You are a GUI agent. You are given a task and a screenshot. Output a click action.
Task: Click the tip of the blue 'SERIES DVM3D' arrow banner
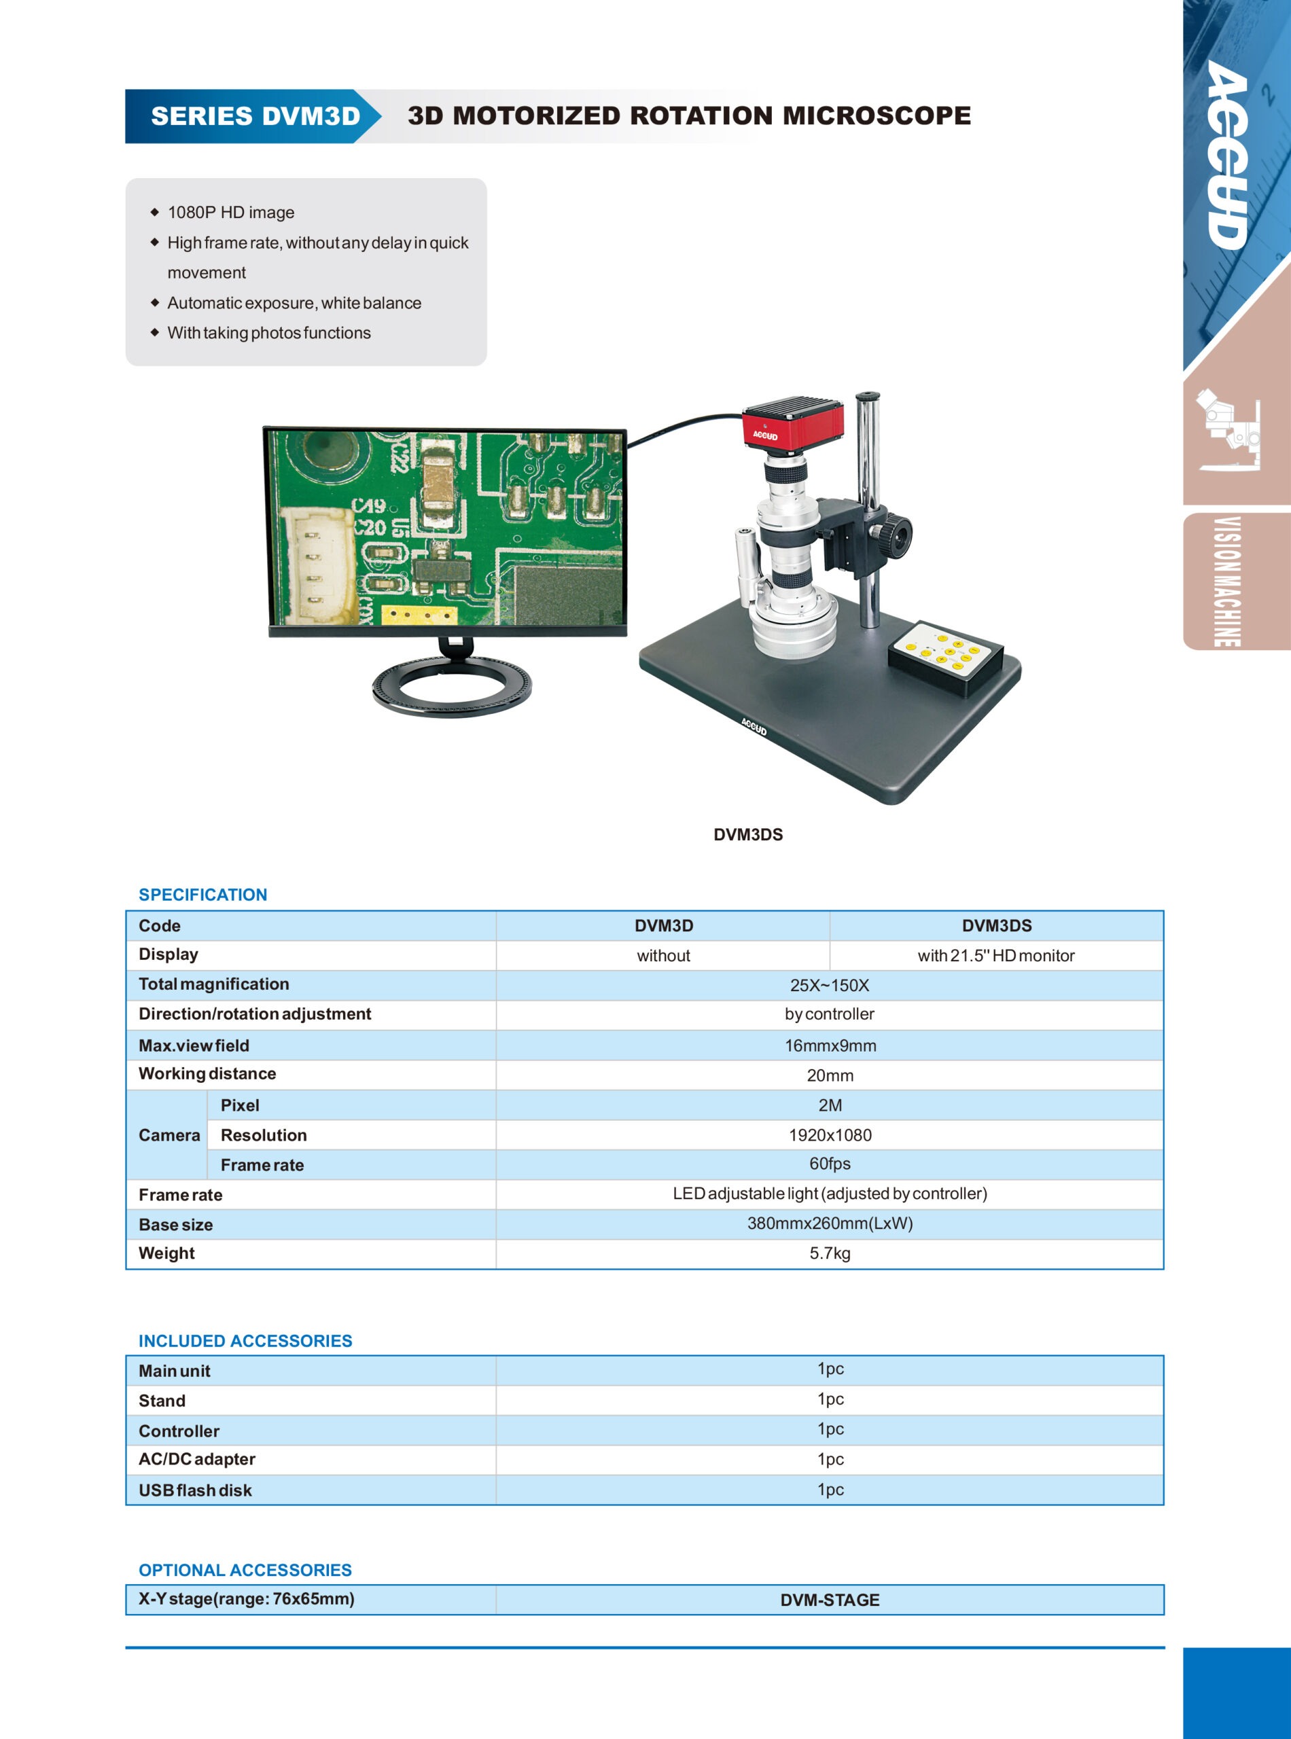point(381,116)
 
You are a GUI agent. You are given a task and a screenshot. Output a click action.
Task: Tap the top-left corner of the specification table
point(126,911)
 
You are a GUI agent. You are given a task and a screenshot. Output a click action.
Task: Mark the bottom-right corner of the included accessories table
point(1165,1505)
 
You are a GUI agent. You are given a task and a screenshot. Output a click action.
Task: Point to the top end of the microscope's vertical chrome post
point(868,396)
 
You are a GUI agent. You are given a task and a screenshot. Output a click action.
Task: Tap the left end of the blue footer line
point(126,1647)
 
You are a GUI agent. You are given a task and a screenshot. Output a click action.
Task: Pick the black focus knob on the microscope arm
point(894,536)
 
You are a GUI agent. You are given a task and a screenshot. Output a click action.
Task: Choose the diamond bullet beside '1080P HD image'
point(154,212)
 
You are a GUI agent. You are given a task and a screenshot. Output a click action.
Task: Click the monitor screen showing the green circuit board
point(446,528)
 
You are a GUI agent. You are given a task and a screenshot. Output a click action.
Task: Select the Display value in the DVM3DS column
point(995,956)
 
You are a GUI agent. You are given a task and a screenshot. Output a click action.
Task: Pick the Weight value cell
point(830,1254)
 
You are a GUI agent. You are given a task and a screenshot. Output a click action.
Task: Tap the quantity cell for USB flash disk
point(830,1490)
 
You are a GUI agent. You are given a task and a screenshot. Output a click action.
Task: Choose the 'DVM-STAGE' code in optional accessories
point(830,1600)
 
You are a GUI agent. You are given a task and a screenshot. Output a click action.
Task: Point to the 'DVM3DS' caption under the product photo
point(748,834)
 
